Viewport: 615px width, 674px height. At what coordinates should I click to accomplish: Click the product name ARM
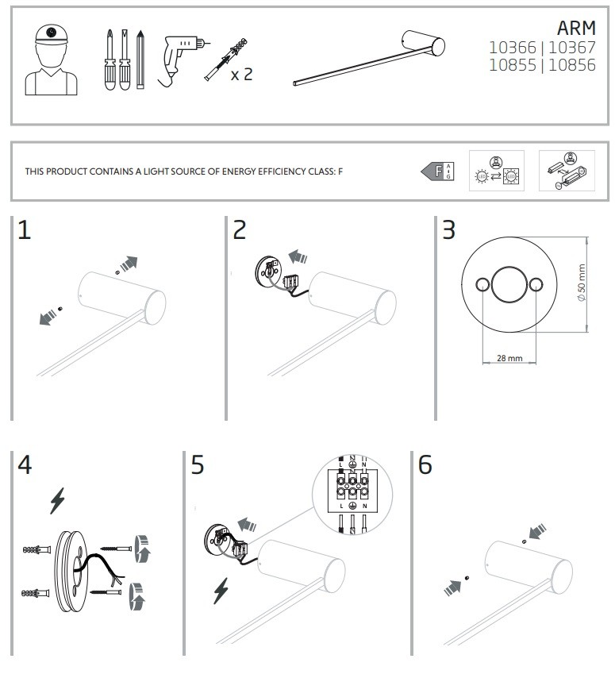[576, 29]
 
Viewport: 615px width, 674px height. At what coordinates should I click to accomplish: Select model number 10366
[511, 48]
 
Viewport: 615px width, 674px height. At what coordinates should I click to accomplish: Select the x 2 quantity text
[241, 75]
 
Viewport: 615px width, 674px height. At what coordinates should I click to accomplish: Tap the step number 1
[26, 230]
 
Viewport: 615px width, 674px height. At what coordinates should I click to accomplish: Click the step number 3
[449, 230]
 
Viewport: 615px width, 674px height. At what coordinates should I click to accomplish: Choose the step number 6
[425, 464]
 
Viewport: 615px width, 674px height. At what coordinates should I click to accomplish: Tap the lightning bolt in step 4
[58, 500]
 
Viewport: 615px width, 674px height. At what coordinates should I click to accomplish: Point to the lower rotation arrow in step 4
[136, 595]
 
